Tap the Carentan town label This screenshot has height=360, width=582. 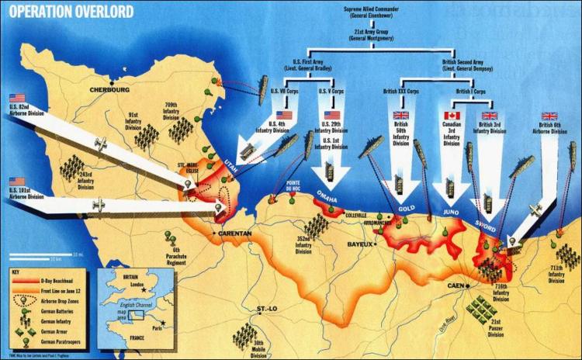[x=236, y=233]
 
